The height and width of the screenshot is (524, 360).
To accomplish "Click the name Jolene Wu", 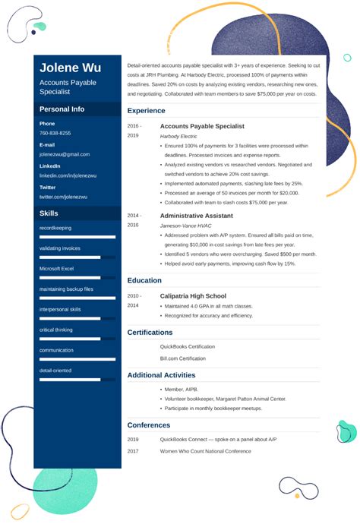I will (70, 67).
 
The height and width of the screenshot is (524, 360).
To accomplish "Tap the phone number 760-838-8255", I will (55, 133).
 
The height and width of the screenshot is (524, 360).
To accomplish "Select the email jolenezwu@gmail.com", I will (65, 154).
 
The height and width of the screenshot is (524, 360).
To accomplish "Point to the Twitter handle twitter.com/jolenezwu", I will (64, 197).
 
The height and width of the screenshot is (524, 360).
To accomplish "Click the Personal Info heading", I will (62, 109).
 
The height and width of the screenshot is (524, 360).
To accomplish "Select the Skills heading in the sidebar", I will (49, 213).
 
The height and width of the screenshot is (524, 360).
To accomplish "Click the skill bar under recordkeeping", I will (77, 237).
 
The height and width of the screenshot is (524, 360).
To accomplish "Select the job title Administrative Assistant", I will (196, 216).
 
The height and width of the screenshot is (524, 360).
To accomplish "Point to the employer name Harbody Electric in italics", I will (178, 136).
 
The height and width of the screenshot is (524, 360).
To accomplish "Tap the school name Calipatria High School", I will (193, 295).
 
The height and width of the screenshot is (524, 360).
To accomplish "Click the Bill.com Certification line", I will (182, 358).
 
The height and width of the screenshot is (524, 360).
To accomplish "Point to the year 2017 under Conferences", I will (133, 451).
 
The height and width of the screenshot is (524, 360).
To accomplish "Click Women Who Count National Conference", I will (205, 451).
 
